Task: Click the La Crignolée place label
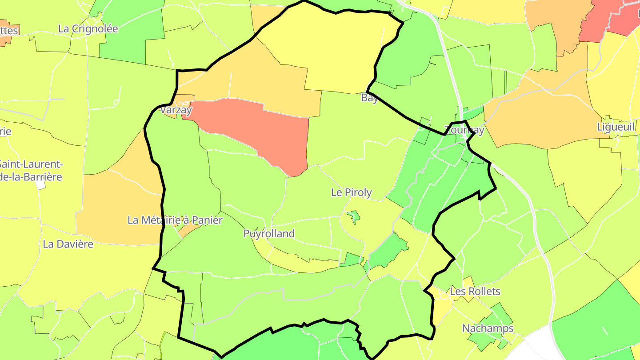[x=88, y=29]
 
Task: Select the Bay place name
[x=369, y=98]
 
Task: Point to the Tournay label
[x=464, y=130]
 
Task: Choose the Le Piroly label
[x=351, y=192]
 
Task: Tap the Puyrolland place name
[x=269, y=233]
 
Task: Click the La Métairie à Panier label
[x=175, y=220]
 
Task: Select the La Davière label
[x=68, y=244]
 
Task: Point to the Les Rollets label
[x=475, y=292]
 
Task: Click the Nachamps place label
[x=488, y=328]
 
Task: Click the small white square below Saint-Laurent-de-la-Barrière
[x=41, y=185]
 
